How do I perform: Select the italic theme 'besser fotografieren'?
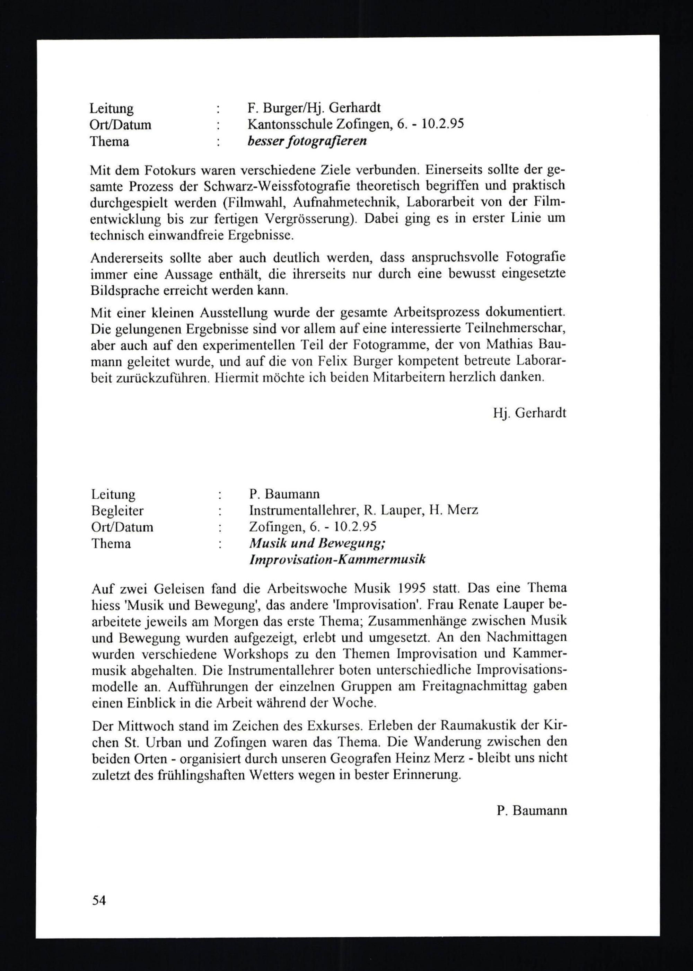pos(307,141)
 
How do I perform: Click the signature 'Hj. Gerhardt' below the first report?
pos(529,413)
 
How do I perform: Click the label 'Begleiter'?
pos(117,510)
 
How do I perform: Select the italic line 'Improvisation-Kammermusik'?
pos(337,560)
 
